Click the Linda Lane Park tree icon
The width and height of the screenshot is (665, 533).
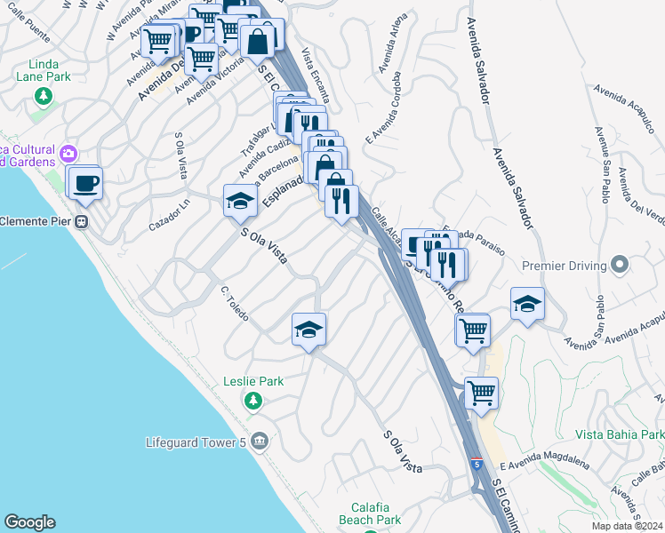(40, 116)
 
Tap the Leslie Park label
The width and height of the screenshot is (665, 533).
(253, 381)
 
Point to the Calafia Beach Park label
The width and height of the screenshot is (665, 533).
(370, 513)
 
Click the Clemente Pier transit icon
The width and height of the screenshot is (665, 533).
(82, 221)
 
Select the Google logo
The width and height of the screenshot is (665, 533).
(29, 522)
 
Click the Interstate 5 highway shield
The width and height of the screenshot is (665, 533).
(477, 464)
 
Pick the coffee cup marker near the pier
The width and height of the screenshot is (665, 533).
(86, 183)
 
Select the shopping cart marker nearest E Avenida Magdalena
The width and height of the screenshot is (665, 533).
(481, 392)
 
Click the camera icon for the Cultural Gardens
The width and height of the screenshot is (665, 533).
(68, 155)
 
